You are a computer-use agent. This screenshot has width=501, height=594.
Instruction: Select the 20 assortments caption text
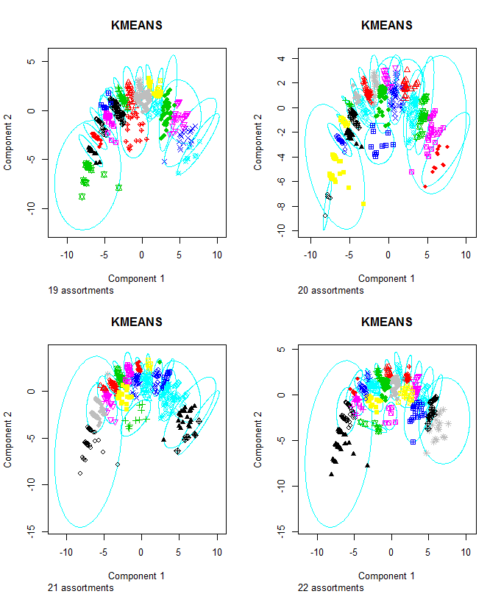330,291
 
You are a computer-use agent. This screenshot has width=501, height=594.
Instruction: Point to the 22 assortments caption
330,588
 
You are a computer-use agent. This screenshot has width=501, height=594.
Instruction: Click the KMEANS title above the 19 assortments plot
137,26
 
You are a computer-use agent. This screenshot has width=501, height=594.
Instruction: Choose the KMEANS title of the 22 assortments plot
387,322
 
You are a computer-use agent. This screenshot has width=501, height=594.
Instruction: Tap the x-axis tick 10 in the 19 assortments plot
217,255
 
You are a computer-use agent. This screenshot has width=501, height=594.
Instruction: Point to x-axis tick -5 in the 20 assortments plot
349,255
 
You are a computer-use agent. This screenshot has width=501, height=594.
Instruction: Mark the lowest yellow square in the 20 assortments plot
363,203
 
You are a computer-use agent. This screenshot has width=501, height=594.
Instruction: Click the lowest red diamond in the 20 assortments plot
425,187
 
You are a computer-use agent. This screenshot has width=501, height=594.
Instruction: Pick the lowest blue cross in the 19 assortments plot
164,161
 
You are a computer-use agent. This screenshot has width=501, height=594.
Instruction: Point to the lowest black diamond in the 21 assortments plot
81,473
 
